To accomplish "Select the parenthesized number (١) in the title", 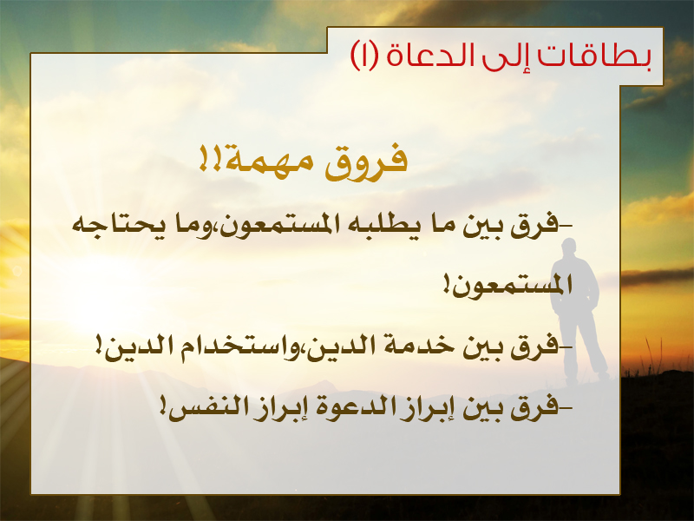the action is coord(365,56).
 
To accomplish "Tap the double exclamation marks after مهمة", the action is coord(211,158).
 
